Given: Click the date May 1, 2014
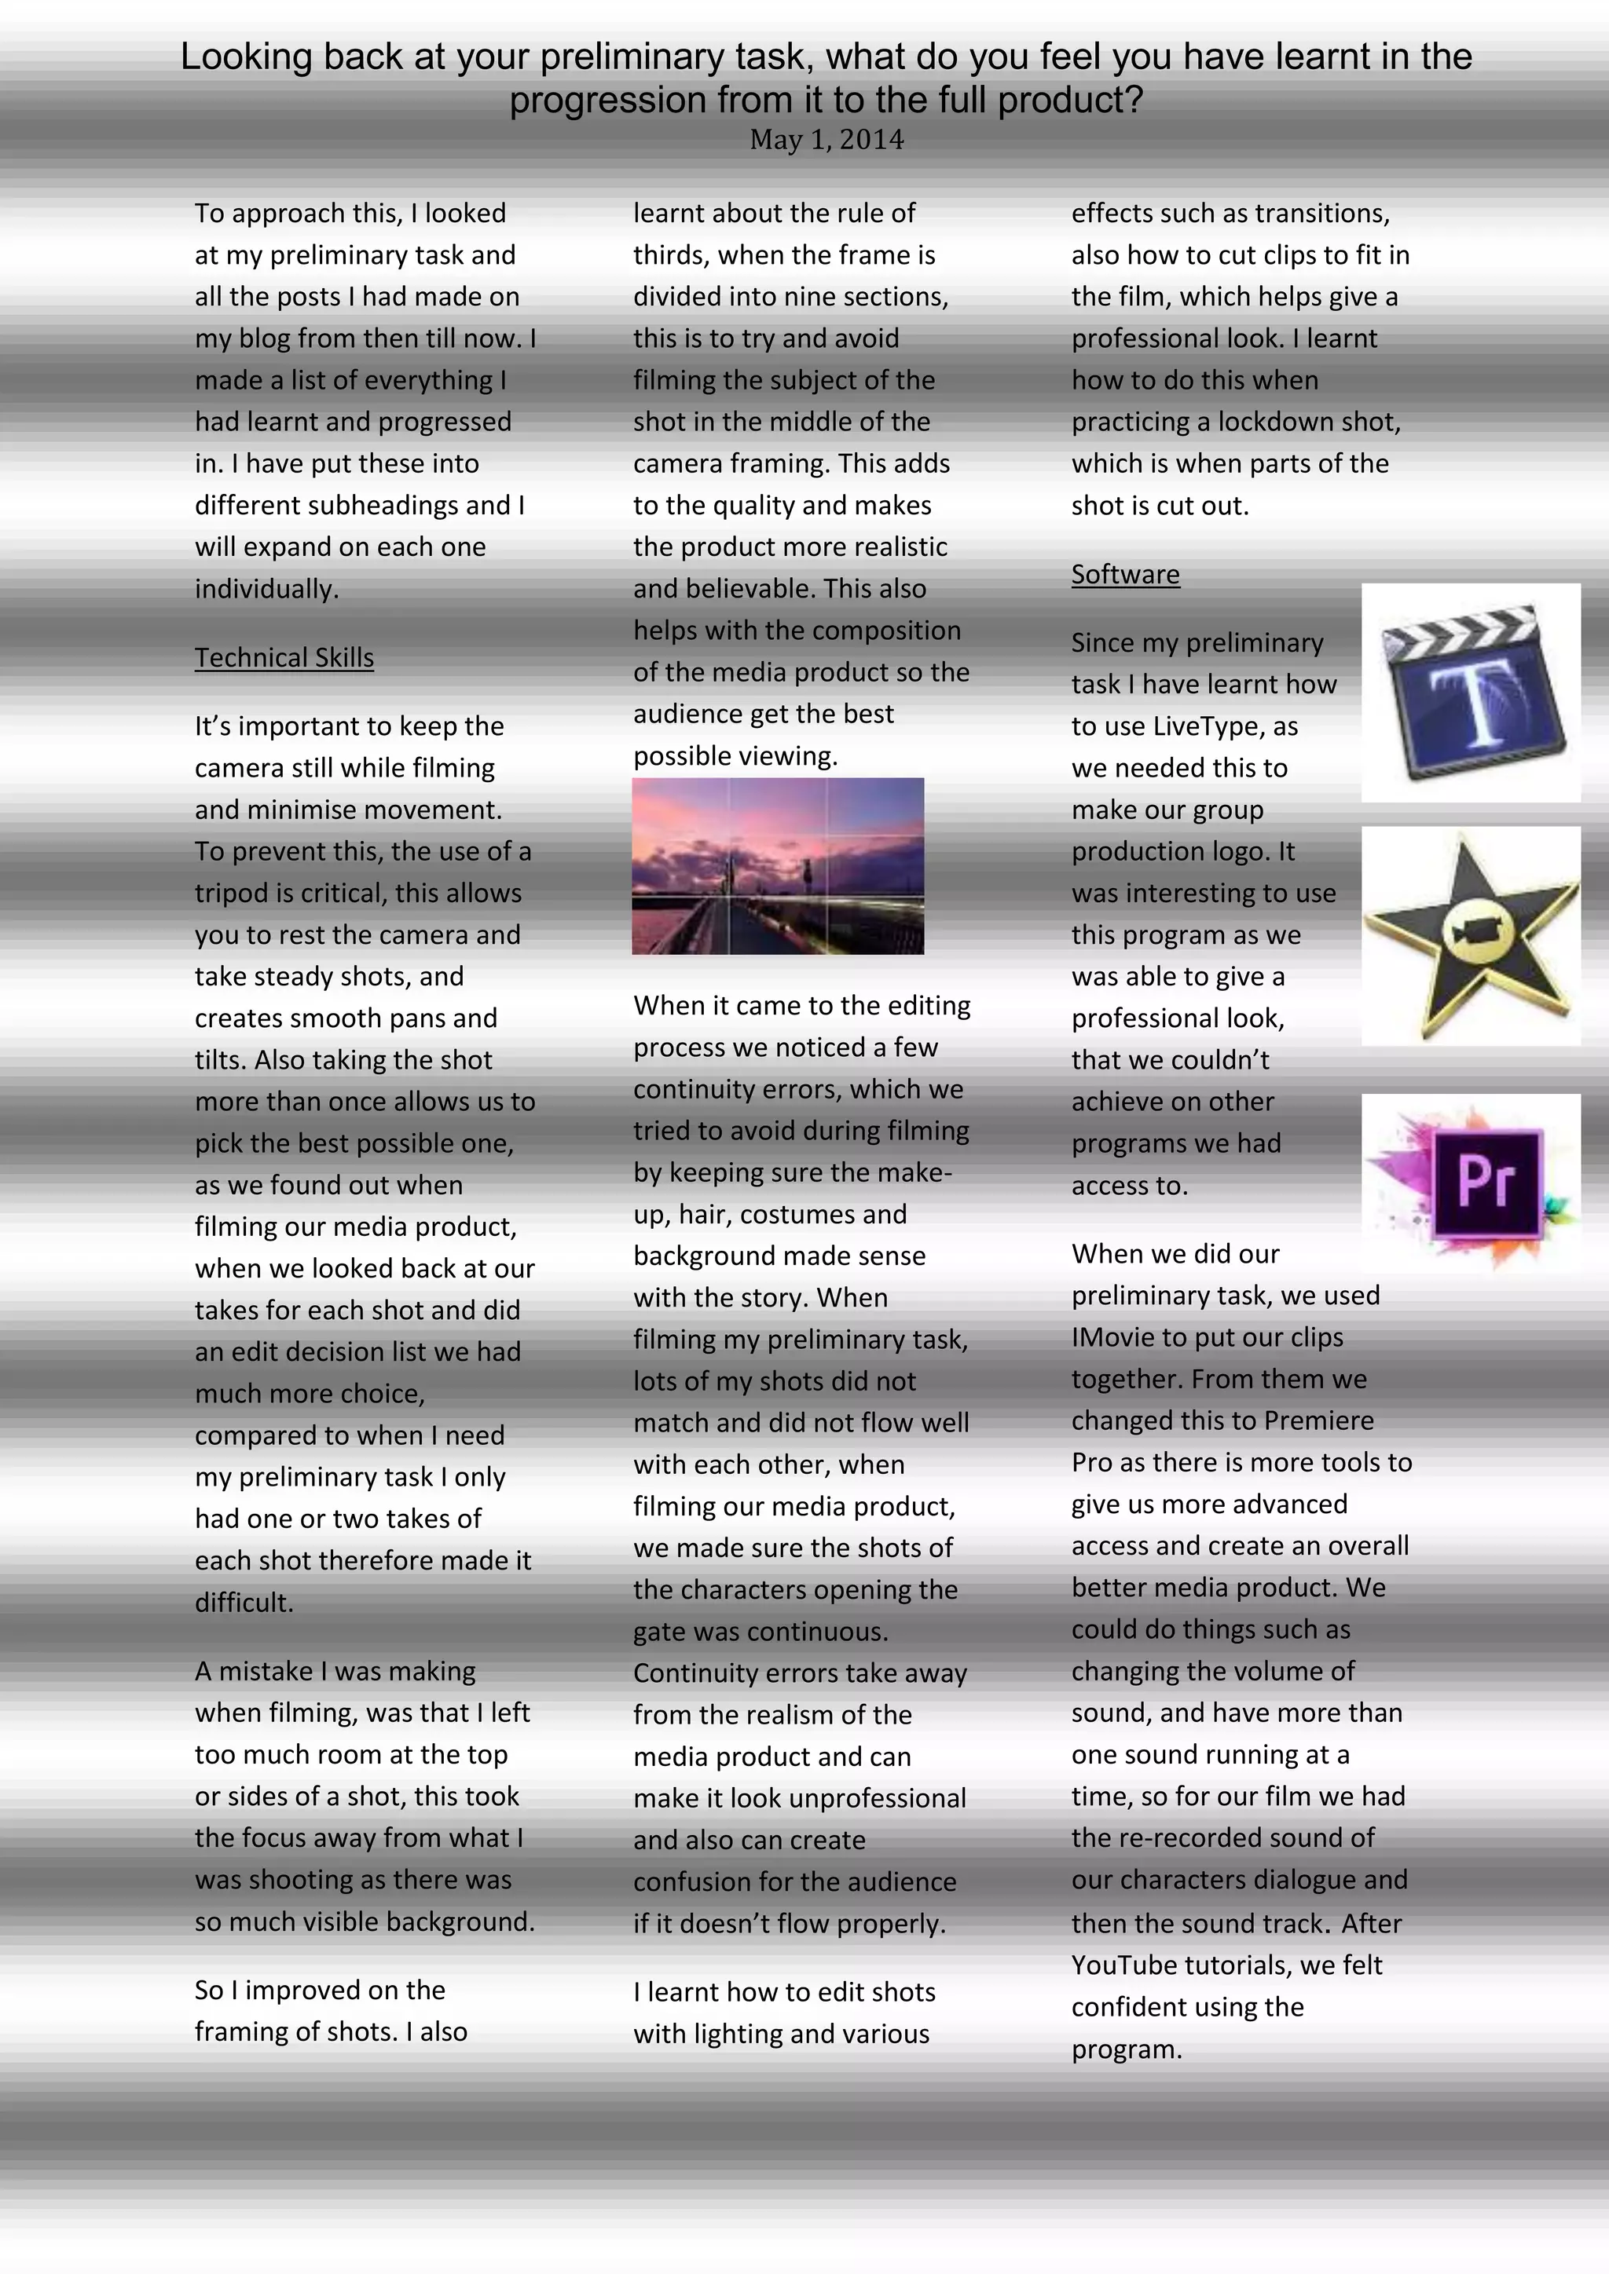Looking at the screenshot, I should (826, 140).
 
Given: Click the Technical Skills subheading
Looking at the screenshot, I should (284, 658).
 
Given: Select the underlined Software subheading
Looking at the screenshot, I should (1126, 575).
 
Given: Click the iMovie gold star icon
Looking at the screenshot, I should (1470, 936).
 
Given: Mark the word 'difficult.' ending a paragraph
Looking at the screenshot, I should (244, 1603).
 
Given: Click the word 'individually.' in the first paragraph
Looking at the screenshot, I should (266, 589).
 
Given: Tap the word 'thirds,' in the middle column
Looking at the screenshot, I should (672, 255).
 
